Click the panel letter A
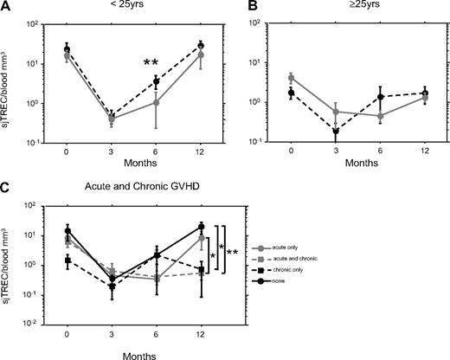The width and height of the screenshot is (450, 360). point(6,6)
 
